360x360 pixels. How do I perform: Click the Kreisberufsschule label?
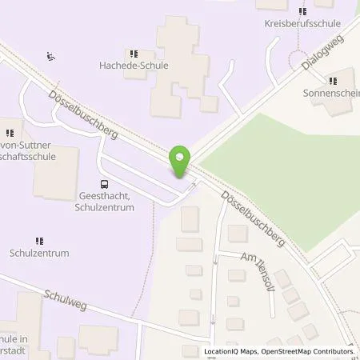tap(302, 24)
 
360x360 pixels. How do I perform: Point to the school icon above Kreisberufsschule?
tap(302, 11)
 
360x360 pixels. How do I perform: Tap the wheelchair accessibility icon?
tap(50, 57)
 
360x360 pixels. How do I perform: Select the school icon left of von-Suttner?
tap(10, 133)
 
